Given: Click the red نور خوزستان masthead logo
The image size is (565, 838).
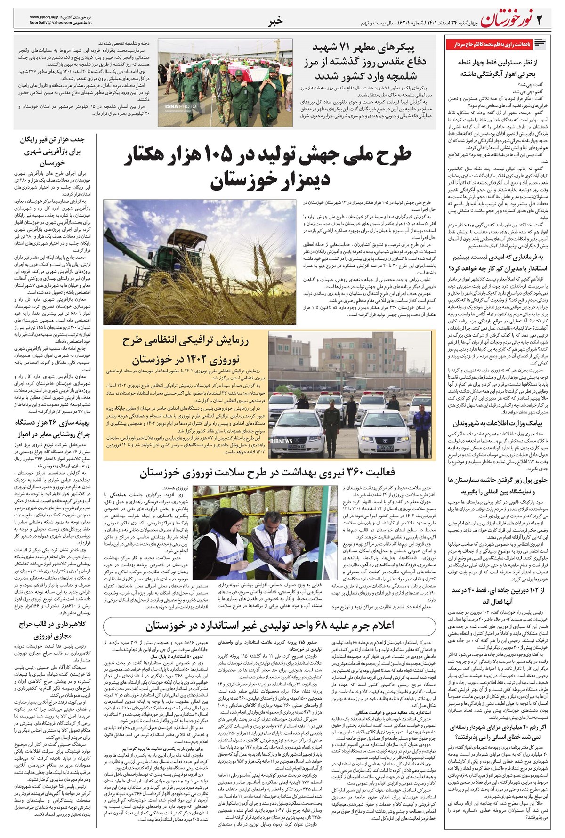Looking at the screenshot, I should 507,20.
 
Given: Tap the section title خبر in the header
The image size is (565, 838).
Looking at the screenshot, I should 275,20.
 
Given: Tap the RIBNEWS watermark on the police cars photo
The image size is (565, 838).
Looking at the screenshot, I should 281,441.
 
